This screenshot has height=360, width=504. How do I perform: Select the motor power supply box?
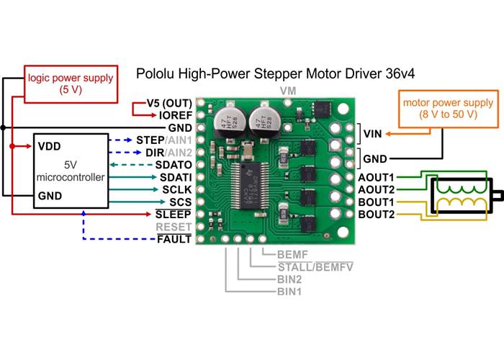point(441,109)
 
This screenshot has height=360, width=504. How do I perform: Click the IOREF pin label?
point(175,114)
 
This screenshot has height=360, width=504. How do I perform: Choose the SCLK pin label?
point(176,189)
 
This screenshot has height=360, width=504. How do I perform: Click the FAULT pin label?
point(175,239)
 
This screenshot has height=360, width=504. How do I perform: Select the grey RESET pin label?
point(175,227)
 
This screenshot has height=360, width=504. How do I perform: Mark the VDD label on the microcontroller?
point(48,145)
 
